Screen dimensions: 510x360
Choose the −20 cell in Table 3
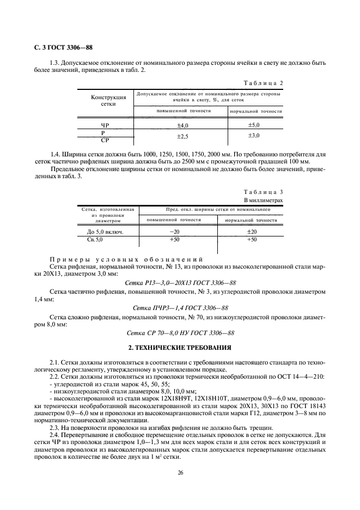click(174, 232)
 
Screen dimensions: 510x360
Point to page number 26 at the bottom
click(180, 473)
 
